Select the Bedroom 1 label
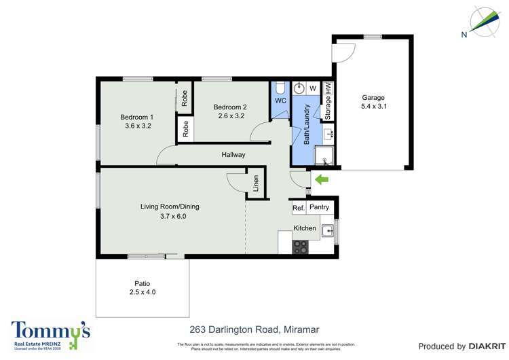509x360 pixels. pyautogui.click(x=138, y=117)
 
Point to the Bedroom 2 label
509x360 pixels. pyautogui.click(x=230, y=107)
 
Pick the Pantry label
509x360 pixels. pyautogui.click(x=319, y=207)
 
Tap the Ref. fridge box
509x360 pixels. pyautogui.click(x=298, y=208)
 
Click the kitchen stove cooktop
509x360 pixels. pyautogui.click(x=299, y=247)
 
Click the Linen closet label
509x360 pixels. pyautogui.click(x=256, y=184)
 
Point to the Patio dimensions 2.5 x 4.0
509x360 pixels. pyautogui.click(x=142, y=292)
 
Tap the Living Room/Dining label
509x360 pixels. pyautogui.click(x=170, y=206)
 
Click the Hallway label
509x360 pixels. pyautogui.click(x=233, y=155)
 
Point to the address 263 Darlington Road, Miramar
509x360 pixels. pyautogui.click(x=254, y=329)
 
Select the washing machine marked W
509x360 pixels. pyautogui.click(x=314, y=88)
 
